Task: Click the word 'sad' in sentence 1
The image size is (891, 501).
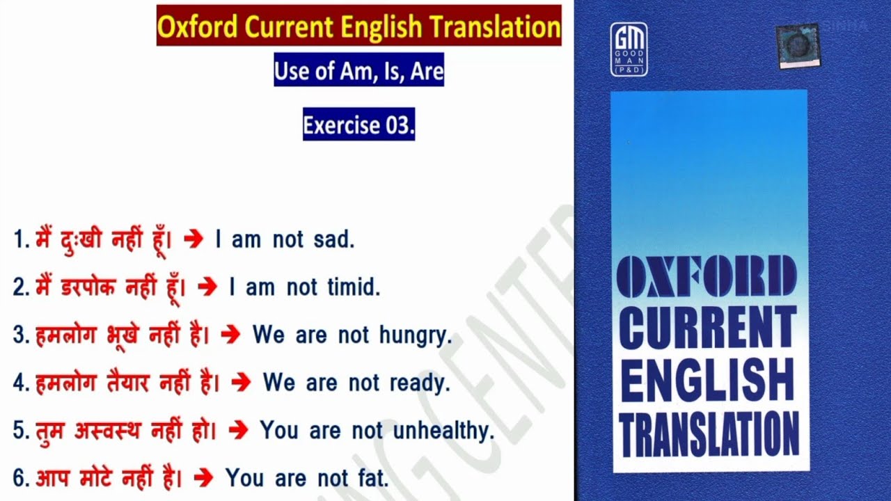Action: (333, 239)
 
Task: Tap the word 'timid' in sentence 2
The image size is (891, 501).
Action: (354, 287)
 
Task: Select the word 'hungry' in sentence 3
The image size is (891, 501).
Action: (416, 336)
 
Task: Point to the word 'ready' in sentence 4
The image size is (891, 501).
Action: (419, 383)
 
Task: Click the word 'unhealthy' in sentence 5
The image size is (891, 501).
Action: (443, 431)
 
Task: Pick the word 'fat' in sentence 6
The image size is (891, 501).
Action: (373, 477)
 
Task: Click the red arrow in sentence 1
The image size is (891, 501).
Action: (194, 239)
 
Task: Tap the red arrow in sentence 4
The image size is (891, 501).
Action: (241, 383)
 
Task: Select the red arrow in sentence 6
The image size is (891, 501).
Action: (203, 478)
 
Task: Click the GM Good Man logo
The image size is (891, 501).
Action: (629, 49)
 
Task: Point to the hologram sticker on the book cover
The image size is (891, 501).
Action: (798, 46)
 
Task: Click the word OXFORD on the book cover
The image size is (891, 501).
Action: (707, 276)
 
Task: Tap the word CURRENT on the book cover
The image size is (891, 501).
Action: (708, 327)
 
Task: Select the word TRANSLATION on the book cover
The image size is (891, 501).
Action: (709, 434)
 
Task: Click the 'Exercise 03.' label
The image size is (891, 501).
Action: (358, 124)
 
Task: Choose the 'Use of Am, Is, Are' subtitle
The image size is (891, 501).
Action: (358, 70)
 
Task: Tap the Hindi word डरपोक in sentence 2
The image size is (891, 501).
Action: (88, 287)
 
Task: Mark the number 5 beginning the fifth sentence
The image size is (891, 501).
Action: (19, 431)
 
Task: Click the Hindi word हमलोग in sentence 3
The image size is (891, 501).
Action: (66, 335)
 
